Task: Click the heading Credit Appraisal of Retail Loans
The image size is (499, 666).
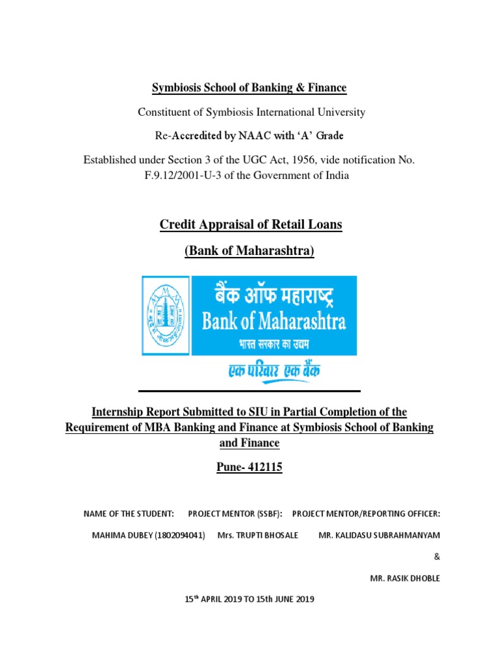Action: pos(250,225)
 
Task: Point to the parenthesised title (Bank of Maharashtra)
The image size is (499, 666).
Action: pos(250,250)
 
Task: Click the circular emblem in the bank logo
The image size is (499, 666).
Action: pos(166,315)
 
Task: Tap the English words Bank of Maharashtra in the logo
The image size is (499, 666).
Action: pos(273,321)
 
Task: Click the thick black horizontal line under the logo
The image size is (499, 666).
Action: pos(250,391)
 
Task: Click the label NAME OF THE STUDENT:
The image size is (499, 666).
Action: pos(129,514)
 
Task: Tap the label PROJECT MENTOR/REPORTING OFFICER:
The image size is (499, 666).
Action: pos(366,514)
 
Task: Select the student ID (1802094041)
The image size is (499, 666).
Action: pos(176,535)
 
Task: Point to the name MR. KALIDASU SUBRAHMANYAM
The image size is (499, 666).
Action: pos(379,535)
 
